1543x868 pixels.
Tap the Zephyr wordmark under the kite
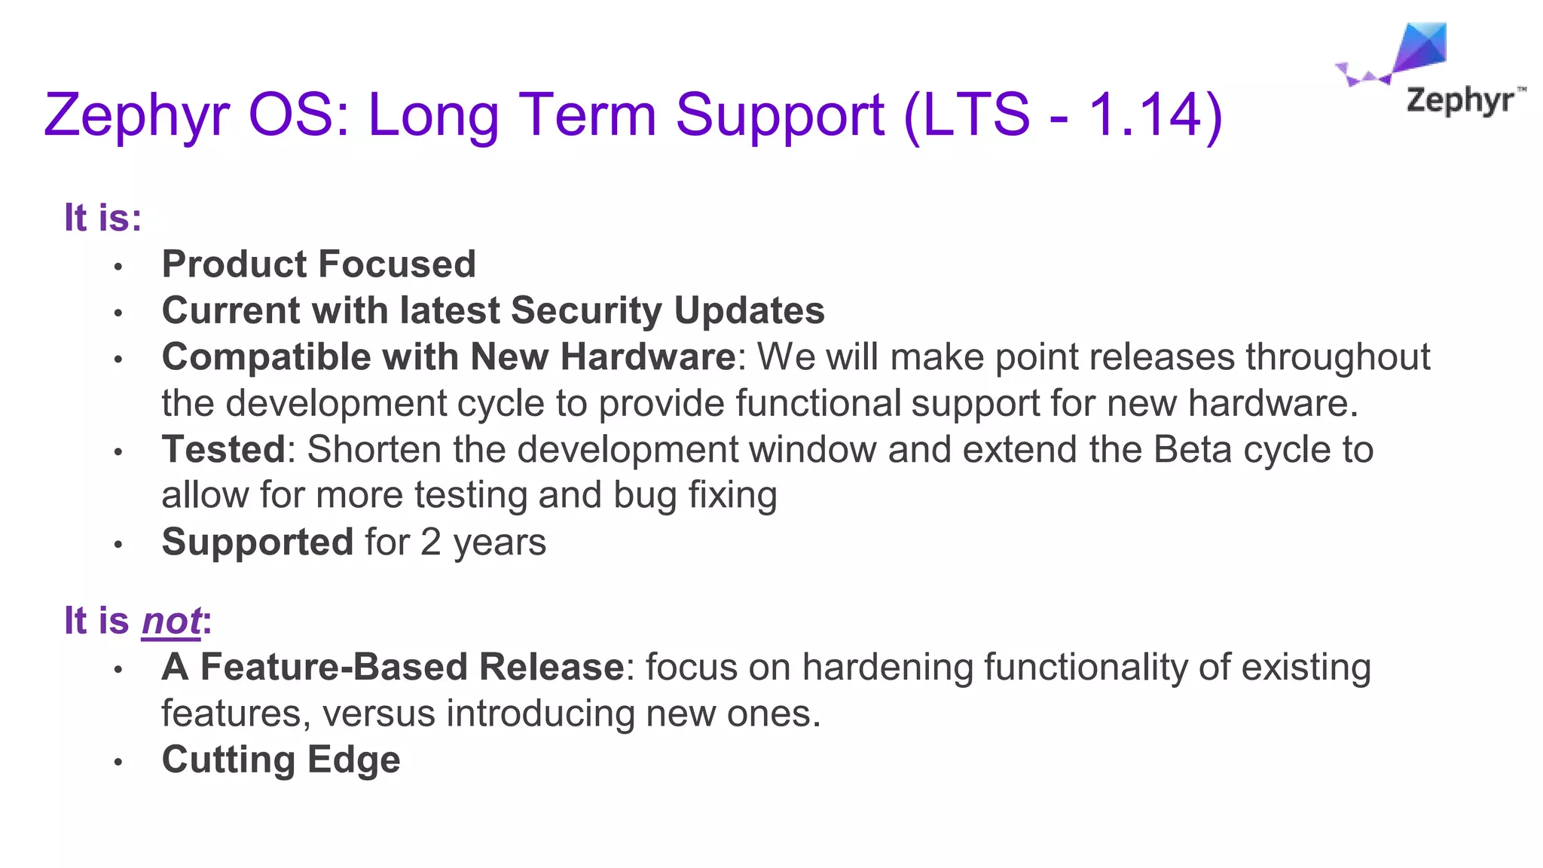tap(1460, 100)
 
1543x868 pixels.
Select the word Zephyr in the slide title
tap(136, 115)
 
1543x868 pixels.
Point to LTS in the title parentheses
tap(976, 115)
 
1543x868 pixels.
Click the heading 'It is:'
tap(102, 218)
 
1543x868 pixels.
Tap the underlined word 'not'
tap(171, 621)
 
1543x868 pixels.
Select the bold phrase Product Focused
tap(319, 264)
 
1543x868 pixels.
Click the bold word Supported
tap(258, 542)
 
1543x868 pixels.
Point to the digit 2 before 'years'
tap(430, 542)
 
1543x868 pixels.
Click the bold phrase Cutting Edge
tap(281, 759)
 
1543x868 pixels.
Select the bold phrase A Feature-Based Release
tap(393, 667)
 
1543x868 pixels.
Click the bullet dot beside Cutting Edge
tap(118, 762)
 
